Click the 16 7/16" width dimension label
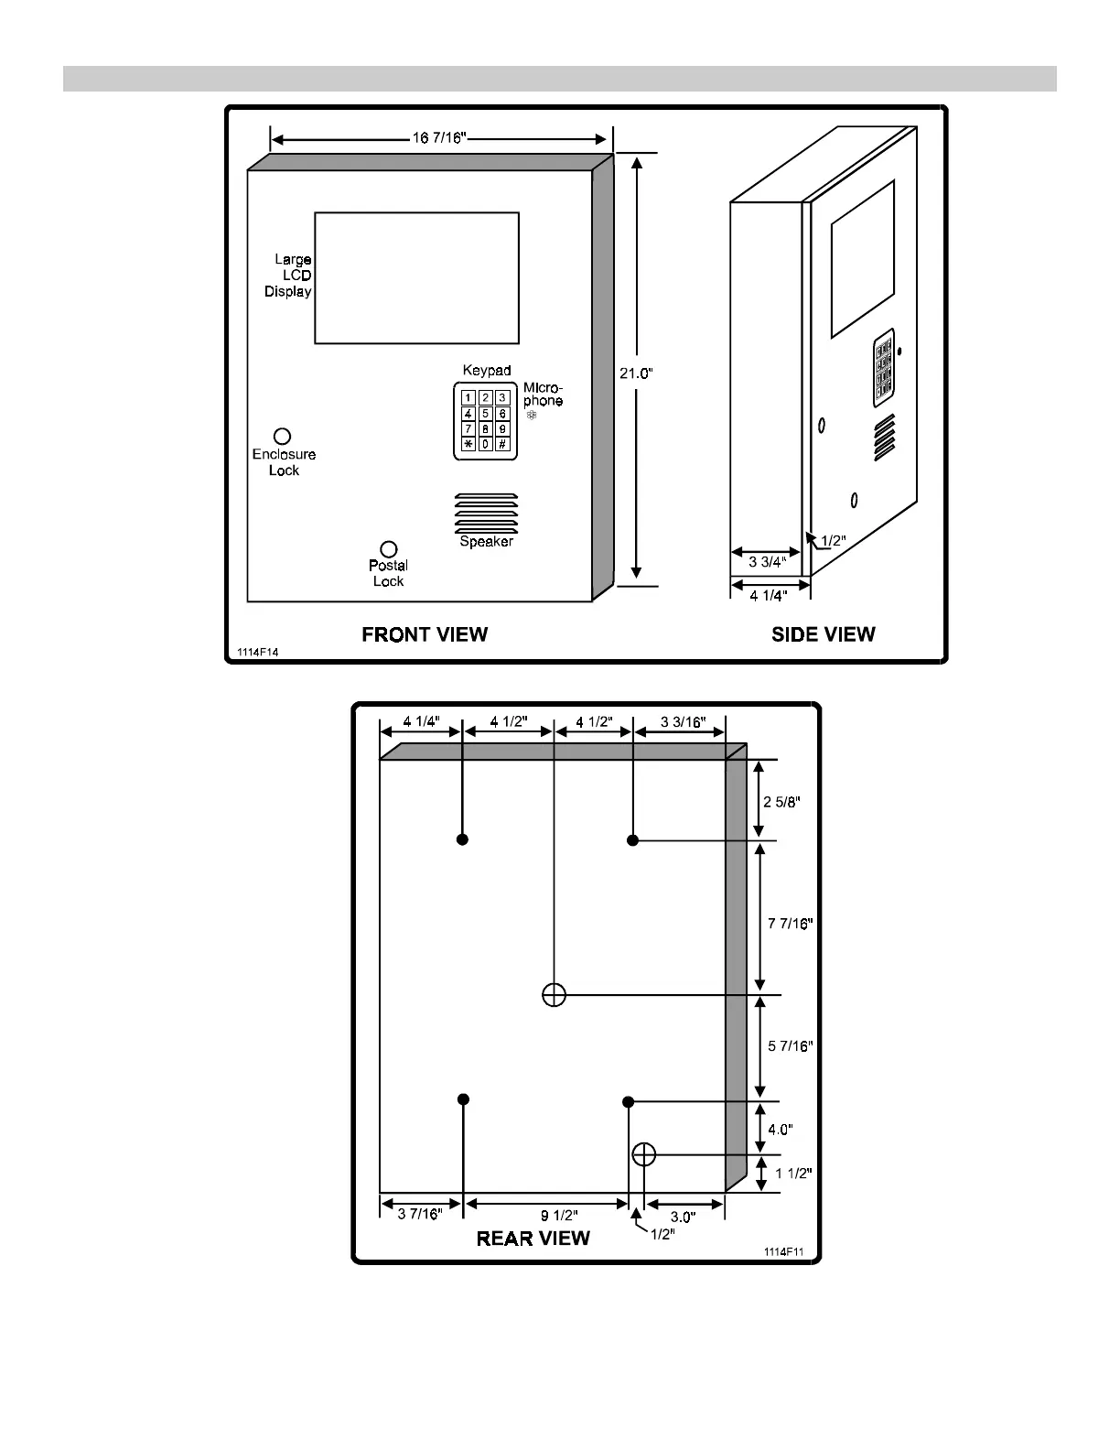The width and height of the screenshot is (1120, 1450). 439,138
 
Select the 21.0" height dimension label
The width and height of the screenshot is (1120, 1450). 637,373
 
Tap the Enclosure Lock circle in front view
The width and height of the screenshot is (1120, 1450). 283,437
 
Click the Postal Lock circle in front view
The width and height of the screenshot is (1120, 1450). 389,549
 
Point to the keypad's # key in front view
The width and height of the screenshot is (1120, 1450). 502,444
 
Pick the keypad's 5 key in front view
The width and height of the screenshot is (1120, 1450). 486,414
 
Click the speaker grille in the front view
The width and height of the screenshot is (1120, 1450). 486,514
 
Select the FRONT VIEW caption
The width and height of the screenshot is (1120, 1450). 425,634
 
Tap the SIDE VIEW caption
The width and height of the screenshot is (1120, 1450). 823,634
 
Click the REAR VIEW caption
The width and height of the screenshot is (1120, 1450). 533,1239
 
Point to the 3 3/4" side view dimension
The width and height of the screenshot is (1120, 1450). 767,562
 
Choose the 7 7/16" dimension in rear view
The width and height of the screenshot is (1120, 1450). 790,924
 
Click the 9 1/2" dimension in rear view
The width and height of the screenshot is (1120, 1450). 558,1216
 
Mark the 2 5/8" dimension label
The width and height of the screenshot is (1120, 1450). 782,802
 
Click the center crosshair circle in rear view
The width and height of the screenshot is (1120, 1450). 554,994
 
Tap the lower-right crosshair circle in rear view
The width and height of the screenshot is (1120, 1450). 644,1154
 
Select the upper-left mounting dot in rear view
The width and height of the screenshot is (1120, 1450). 463,839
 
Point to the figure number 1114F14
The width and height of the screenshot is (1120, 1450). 257,652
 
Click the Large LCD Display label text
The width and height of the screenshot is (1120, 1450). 289,276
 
